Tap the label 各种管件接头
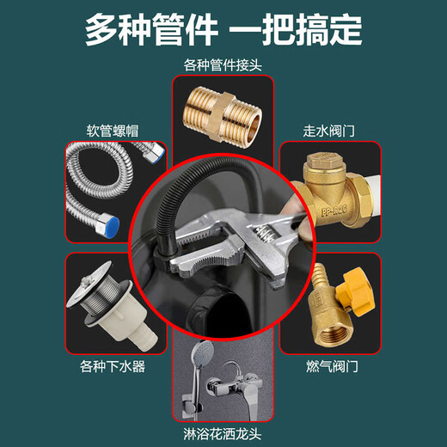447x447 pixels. [223, 65]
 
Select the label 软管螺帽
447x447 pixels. [113, 132]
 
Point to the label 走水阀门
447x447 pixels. [332, 132]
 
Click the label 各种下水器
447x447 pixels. [113, 368]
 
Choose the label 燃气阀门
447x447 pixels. [332, 368]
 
